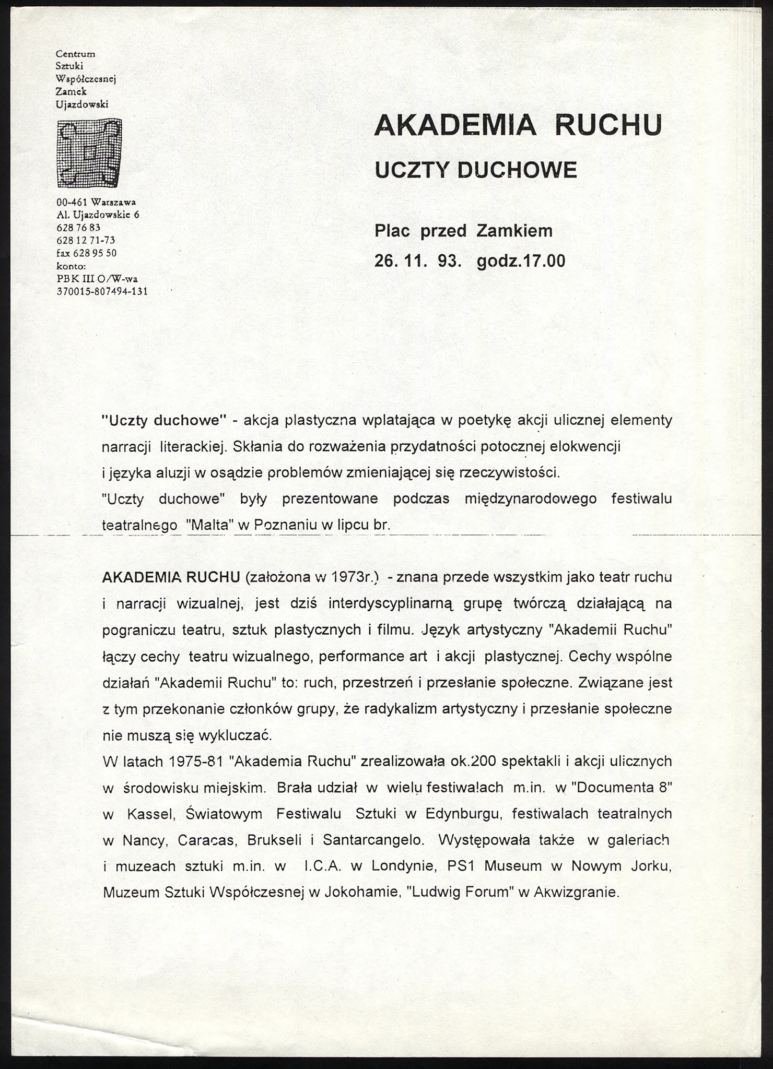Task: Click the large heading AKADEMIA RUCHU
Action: coord(518,125)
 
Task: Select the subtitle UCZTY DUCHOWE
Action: coord(476,170)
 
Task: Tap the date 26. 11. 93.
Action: coord(418,260)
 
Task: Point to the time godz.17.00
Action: coord(521,260)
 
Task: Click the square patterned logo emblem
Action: coord(89,153)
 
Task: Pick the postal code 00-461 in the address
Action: coord(72,202)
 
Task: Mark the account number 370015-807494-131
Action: coord(102,291)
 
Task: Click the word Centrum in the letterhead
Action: coord(75,54)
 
